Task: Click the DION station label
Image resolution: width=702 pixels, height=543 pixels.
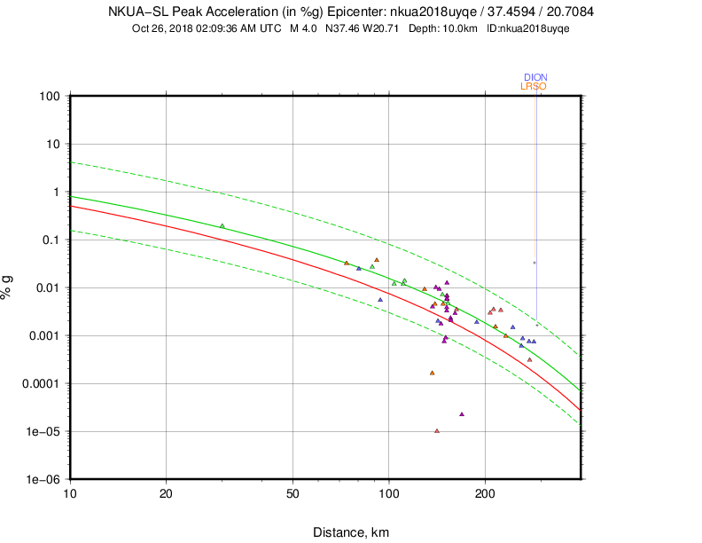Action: click(x=535, y=77)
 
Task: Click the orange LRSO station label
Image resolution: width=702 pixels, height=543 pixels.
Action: click(x=534, y=86)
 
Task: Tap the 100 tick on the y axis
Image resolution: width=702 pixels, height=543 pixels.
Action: click(x=48, y=96)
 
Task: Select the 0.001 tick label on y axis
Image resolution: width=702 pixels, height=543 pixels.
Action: click(x=43, y=335)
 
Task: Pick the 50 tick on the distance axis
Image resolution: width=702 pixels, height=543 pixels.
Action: click(x=292, y=492)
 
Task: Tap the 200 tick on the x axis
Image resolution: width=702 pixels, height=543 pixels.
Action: click(x=484, y=492)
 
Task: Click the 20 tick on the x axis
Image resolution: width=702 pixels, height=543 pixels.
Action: click(x=166, y=492)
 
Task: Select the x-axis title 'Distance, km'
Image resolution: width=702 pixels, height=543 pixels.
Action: click(x=350, y=532)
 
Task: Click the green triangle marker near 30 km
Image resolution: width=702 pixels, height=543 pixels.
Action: click(x=222, y=225)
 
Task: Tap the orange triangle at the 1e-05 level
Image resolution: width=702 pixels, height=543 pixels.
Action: click(x=437, y=431)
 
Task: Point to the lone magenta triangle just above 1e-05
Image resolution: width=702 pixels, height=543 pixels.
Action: click(x=462, y=414)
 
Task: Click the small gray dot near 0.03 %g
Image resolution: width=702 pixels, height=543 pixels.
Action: click(x=534, y=263)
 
